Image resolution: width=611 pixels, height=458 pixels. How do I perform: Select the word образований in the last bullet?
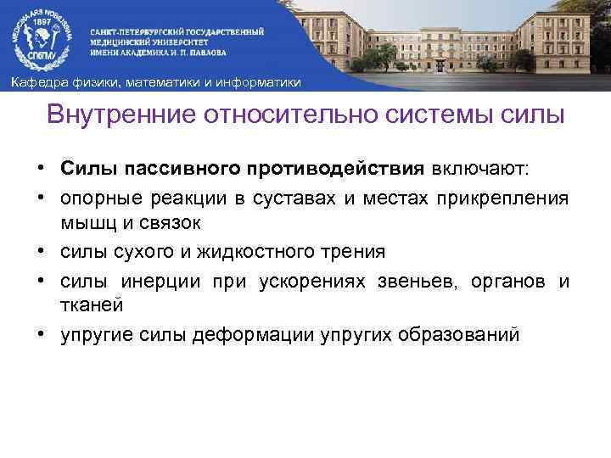pos(446,334)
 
